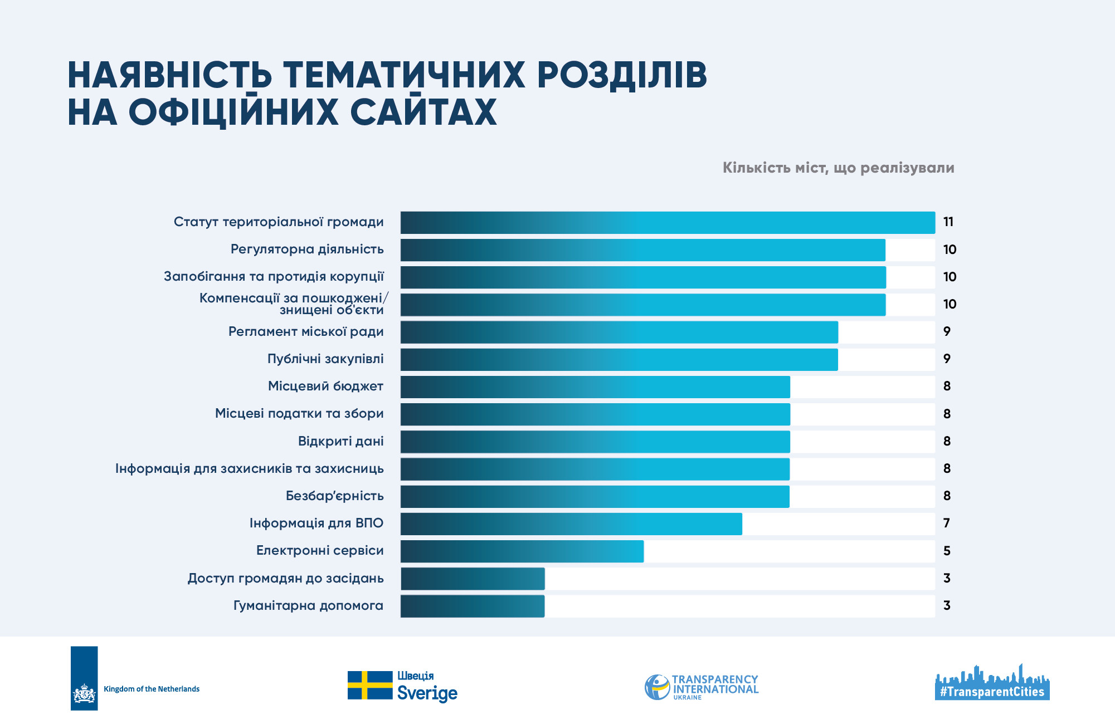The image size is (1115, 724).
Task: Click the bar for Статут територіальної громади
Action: [x=668, y=223]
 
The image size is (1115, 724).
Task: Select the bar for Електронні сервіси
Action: [x=522, y=551]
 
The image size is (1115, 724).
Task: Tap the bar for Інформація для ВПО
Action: [x=571, y=524]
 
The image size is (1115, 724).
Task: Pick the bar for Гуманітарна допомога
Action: [x=473, y=606]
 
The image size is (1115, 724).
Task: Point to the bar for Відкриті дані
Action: [x=595, y=442]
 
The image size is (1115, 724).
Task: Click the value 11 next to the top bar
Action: [x=948, y=222]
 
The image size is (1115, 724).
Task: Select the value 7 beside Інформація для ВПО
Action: [x=947, y=524]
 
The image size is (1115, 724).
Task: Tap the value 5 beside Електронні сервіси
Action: [x=947, y=551]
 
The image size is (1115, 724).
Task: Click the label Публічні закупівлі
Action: [x=325, y=359]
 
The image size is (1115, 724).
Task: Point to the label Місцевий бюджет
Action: [x=326, y=386]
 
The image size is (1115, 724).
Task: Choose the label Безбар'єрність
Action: [x=335, y=496]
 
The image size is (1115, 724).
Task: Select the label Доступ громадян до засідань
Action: [x=286, y=578]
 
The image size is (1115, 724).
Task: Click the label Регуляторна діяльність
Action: [x=307, y=249]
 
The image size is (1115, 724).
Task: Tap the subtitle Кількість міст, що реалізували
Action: [x=839, y=168]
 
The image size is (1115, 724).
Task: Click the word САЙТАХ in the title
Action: [x=423, y=112]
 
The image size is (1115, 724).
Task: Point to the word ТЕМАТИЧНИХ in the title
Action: [x=404, y=75]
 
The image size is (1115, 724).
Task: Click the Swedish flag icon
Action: [x=370, y=685]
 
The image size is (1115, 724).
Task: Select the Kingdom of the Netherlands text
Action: [x=152, y=689]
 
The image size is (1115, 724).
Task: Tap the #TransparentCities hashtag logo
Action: [x=992, y=682]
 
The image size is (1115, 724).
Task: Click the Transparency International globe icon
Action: [x=658, y=687]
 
